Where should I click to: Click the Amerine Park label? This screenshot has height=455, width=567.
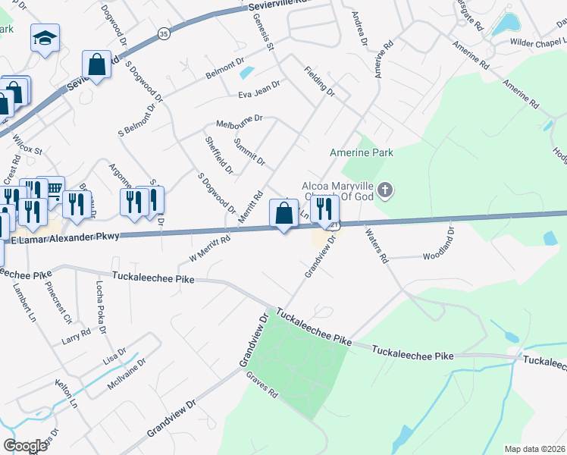(362, 152)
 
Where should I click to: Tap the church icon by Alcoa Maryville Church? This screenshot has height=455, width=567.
(386, 189)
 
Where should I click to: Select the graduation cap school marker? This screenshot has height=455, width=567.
(45, 37)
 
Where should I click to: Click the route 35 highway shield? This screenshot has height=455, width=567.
(164, 33)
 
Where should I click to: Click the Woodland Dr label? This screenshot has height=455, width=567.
(437, 256)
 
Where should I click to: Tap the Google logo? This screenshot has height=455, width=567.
(25, 445)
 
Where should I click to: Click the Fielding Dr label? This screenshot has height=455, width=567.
(319, 81)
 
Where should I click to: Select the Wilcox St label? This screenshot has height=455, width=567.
(27, 144)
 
